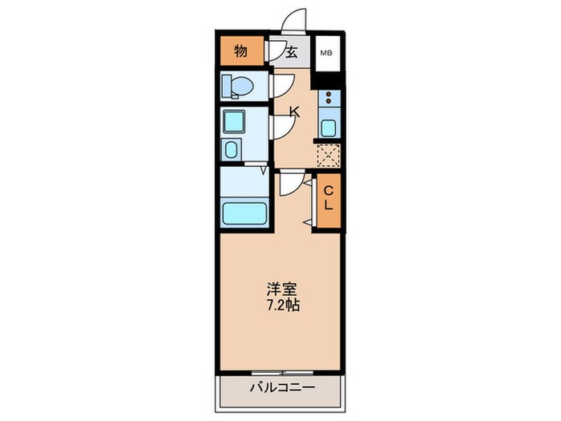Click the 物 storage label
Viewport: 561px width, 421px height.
(240, 53)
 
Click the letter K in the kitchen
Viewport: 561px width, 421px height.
(294, 113)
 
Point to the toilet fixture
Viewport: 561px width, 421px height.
(238, 85)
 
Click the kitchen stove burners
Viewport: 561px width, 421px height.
(328, 99)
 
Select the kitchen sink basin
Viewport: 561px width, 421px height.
(328, 127)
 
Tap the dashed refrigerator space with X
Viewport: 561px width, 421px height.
(328, 155)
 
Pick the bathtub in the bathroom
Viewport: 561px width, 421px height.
(244, 213)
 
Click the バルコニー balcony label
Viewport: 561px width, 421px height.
(281, 387)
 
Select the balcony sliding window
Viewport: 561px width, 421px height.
(280, 371)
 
